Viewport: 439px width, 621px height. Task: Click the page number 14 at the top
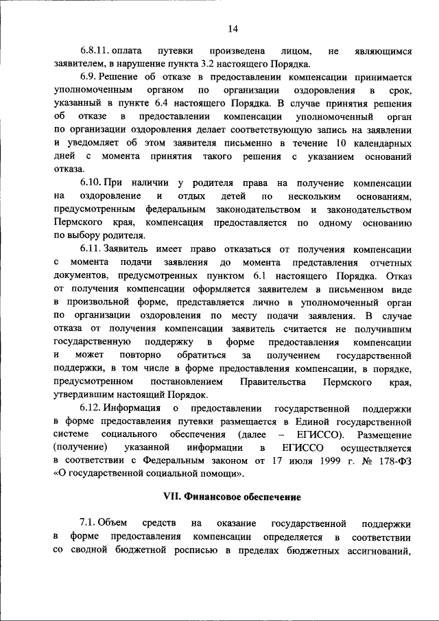point(233,28)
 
